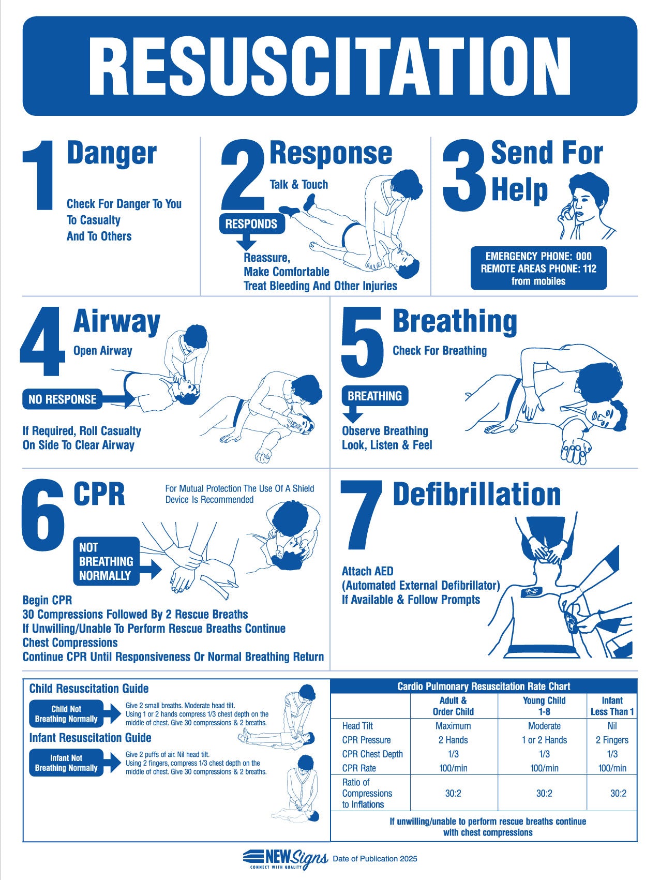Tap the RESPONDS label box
point(252,224)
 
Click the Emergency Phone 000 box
point(538,269)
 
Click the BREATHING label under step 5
point(374,396)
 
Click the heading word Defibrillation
point(476,494)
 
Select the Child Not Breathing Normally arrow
point(69,714)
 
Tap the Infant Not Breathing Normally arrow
point(69,763)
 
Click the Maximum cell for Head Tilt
point(453,726)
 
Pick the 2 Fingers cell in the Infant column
point(612,740)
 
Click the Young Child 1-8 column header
point(544,706)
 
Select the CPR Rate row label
point(359,768)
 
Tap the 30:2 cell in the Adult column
point(453,793)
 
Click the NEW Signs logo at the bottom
point(285,858)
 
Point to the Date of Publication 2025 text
point(374,859)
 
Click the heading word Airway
point(117,321)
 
